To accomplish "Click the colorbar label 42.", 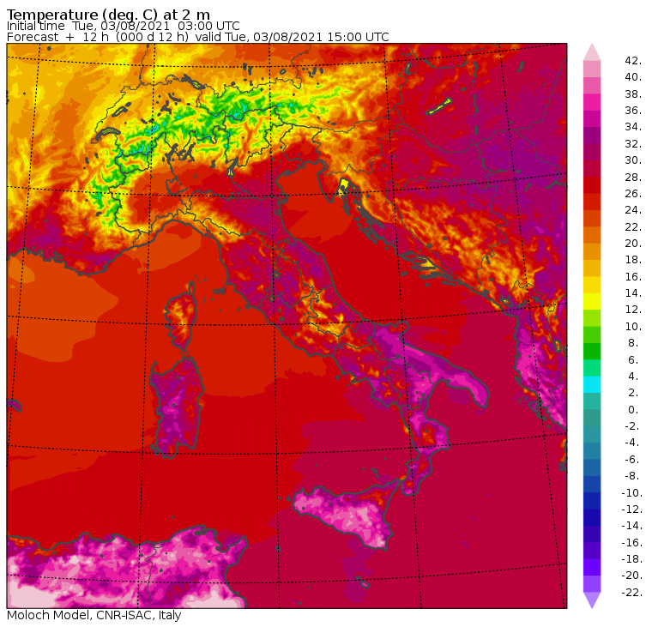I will coord(633,61).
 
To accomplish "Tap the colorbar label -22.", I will coord(631,592).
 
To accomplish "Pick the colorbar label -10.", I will coord(631,492).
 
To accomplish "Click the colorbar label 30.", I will coord(633,160).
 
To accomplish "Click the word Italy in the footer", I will coord(166,615).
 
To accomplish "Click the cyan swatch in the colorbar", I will coord(592,384).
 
